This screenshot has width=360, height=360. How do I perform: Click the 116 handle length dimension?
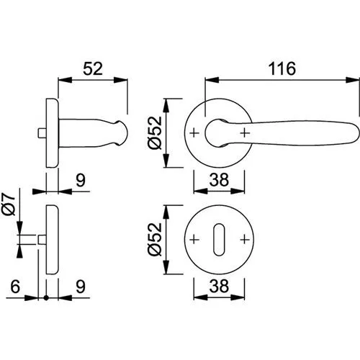point(282,68)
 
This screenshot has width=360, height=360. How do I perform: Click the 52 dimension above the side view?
point(93,68)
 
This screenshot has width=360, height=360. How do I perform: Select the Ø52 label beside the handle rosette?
point(156,132)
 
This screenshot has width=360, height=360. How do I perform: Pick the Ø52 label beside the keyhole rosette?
point(156,239)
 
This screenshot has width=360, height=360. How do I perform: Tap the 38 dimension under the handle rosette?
point(219,180)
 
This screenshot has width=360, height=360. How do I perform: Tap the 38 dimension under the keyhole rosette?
point(219,287)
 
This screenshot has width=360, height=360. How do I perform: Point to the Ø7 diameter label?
point(9,204)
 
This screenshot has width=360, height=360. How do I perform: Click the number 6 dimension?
point(15,287)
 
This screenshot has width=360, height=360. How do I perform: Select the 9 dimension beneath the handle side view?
point(81,180)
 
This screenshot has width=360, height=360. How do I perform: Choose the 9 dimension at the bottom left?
point(81,287)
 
